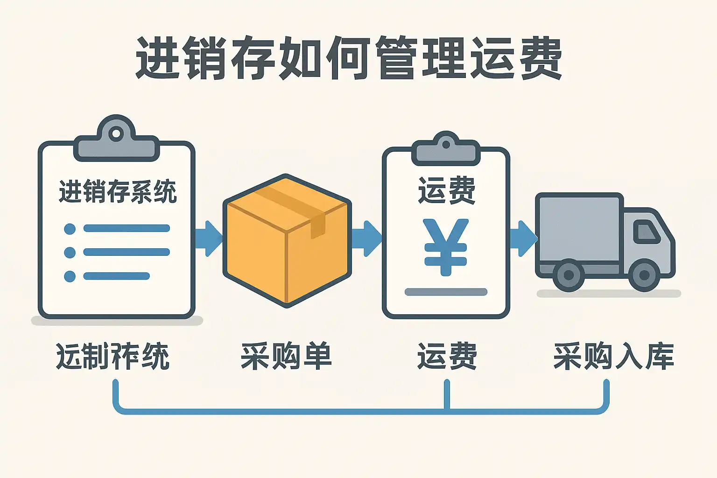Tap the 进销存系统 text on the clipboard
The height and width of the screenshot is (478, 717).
click(118, 192)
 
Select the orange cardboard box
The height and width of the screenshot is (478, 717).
click(287, 240)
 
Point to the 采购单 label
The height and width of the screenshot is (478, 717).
click(286, 356)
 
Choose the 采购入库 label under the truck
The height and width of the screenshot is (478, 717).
click(613, 356)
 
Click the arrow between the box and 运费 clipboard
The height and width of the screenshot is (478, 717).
click(366, 239)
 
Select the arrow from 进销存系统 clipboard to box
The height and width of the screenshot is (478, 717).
click(208, 239)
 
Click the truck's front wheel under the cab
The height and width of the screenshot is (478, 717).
click(644, 275)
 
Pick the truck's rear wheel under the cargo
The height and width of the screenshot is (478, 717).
click(569, 275)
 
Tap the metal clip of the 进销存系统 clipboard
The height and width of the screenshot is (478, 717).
click(116, 141)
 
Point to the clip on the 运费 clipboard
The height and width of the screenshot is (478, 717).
click(446, 149)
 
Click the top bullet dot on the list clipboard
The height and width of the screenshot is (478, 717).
click(70, 229)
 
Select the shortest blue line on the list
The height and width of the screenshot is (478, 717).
click(116, 276)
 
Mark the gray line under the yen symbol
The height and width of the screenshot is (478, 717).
click(446, 292)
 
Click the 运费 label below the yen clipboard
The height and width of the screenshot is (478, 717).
click(447, 356)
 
